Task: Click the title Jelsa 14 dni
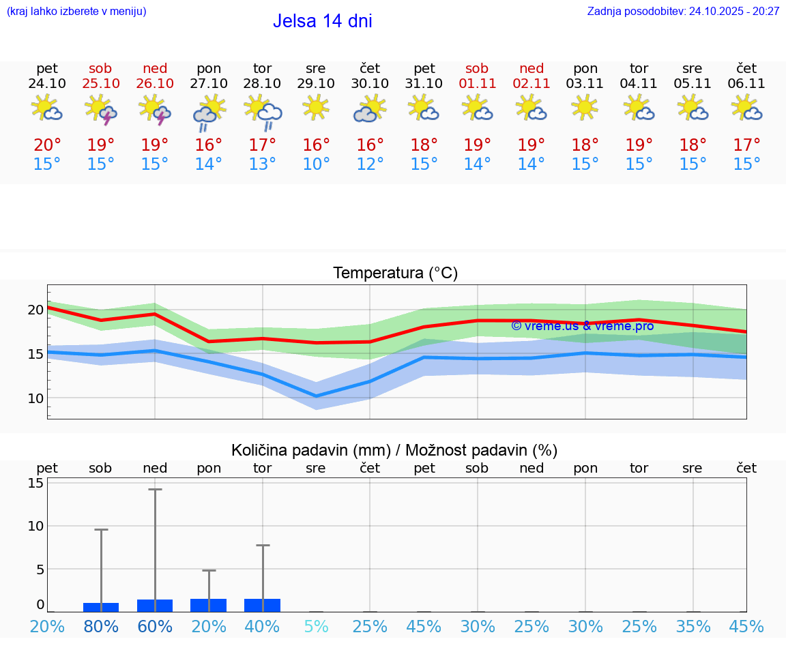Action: [322, 21]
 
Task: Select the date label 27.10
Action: [209, 84]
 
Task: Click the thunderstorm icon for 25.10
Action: [101, 109]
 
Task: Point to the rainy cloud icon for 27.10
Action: [209, 110]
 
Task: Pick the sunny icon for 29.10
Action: [316, 107]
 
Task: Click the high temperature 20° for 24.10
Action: [47, 145]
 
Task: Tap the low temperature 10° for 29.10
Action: [316, 164]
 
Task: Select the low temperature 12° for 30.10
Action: [370, 164]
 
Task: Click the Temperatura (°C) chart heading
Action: [395, 274]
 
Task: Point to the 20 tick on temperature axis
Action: [35, 310]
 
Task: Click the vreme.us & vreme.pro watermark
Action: [582, 326]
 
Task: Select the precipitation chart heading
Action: [394, 450]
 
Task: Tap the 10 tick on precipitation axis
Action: [35, 526]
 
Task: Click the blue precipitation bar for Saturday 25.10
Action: [101, 607]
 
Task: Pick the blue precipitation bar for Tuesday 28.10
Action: [263, 605]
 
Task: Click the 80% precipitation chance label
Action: [101, 626]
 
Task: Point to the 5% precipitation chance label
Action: [316, 626]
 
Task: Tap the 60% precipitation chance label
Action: [155, 626]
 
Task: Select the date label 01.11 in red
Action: [477, 84]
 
